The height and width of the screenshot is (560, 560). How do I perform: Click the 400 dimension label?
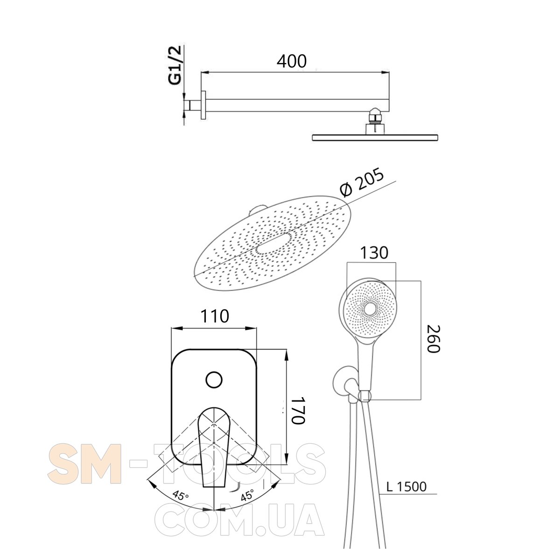pyautogui.click(x=292, y=61)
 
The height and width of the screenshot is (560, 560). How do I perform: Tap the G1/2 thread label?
pyautogui.click(x=175, y=65)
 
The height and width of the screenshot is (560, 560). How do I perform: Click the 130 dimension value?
pyautogui.click(x=374, y=252)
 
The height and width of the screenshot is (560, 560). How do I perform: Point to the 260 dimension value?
pyautogui.click(x=434, y=339)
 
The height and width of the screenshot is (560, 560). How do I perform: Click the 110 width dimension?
pyautogui.click(x=215, y=316)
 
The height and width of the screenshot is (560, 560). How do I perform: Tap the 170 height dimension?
pyautogui.click(x=298, y=410)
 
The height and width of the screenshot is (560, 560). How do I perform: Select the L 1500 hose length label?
pyautogui.click(x=406, y=486)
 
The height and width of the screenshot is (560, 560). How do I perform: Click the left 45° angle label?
pyautogui.click(x=181, y=495)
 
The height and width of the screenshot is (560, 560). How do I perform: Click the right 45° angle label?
pyautogui.click(x=248, y=495)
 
